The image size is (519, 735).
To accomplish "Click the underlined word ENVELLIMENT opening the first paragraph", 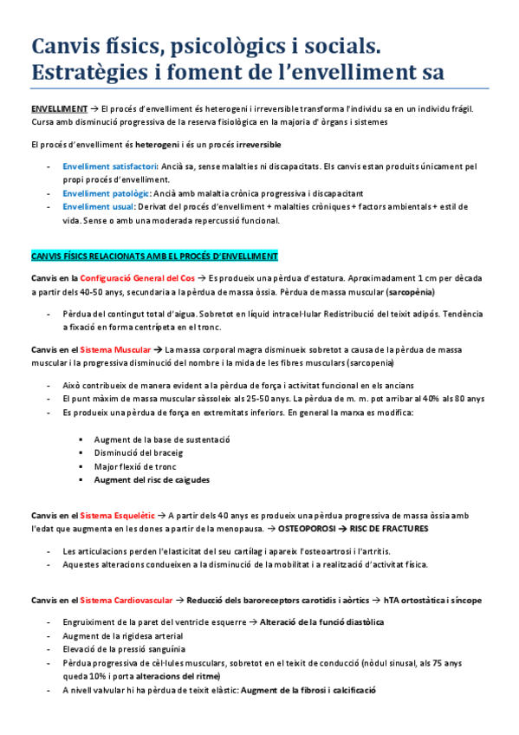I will tap(58, 108).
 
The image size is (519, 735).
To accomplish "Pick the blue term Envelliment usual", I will tap(98, 207).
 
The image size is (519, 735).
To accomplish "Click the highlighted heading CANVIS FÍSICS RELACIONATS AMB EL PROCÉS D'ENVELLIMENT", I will tap(154, 257).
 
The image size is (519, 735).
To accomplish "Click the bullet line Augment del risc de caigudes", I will tap(152, 479).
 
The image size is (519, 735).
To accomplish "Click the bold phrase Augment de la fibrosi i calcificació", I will tap(308, 690).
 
